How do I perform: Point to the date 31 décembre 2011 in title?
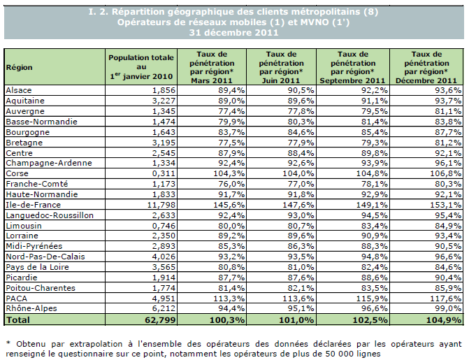pos(234,33)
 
